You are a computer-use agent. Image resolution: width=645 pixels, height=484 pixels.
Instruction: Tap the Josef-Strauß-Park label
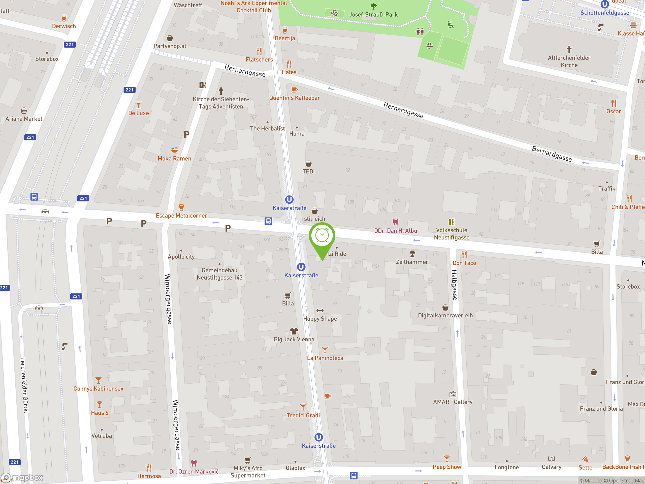[x=373, y=15]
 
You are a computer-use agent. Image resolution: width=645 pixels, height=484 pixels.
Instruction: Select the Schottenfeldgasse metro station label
[x=604, y=13]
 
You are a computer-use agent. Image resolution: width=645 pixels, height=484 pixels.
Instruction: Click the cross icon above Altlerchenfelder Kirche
[x=569, y=49]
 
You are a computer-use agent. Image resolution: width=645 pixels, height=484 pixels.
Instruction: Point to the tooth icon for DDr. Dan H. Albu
[x=395, y=222]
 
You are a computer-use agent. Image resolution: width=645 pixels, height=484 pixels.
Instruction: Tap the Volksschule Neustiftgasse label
[x=451, y=234]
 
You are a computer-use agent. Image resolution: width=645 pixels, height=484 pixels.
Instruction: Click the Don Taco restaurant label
[x=464, y=263]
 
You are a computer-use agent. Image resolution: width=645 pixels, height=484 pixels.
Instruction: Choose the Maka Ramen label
[x=174, y=158]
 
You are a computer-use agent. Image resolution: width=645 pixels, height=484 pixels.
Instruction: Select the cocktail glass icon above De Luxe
[x=139, y=105]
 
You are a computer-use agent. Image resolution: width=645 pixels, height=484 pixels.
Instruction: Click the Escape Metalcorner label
[x=181, y=216]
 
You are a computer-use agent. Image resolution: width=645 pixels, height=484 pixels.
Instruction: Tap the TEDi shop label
[x=308, y=171]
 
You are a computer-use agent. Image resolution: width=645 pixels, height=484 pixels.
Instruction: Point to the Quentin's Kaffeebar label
[x=294, y=98]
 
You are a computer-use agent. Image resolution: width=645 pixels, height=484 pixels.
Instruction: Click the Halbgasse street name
[x=454, y=285]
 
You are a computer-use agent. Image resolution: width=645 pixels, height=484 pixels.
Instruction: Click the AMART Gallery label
[x=453, y=402]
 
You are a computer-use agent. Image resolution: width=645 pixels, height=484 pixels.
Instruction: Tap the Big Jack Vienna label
[x=294, y=339]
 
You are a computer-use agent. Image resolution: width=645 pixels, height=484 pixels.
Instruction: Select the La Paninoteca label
[x=325, y=358]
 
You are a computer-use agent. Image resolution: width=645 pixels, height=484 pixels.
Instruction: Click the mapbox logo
[x=22, y=478]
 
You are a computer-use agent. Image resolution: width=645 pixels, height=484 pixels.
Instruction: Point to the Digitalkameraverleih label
[x=445, y=315]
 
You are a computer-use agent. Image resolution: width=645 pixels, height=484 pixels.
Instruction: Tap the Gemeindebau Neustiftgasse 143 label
[x=219, y=274]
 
